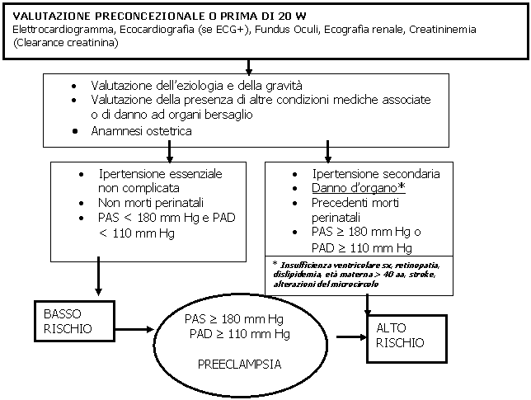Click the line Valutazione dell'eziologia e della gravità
[x=197, y=86]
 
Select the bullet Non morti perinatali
[x=148, y=202]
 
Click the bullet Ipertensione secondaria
[x=376, y=175]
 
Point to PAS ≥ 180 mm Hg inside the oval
[x=235, y=319]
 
